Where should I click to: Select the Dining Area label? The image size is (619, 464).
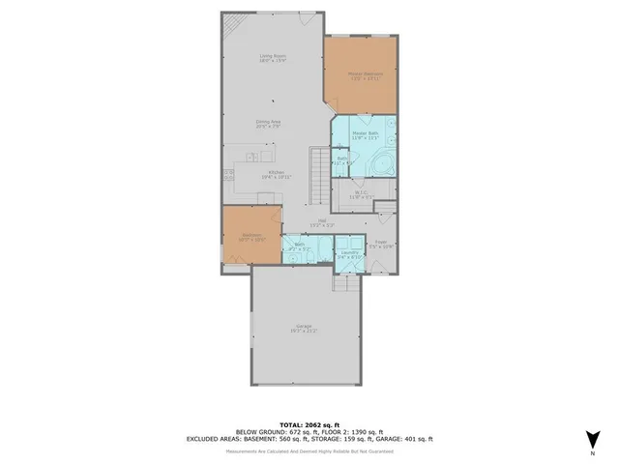click(268, 124)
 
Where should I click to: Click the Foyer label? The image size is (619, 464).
click(381, 245)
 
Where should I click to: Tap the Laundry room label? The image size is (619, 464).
click(349, 254)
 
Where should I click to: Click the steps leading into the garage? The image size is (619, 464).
click(345, 282)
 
